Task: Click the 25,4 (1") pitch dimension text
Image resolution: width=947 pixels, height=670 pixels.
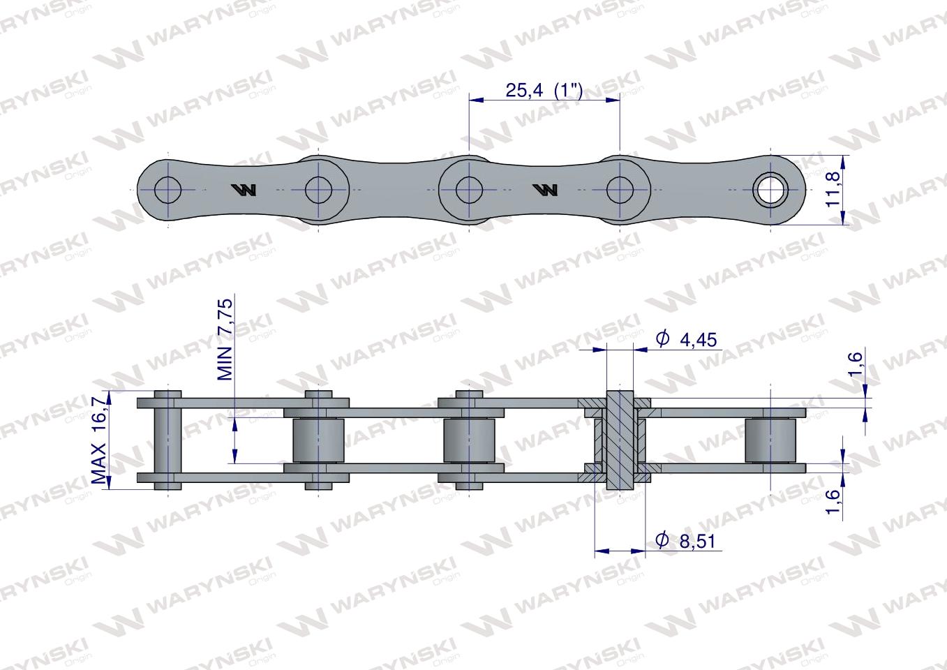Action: click(544, 90)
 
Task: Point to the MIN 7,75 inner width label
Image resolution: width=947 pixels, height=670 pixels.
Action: click(225, 339)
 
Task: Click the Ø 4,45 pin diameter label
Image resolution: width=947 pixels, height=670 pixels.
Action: click(686, 339)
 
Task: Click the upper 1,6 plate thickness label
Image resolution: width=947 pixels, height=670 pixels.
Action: click(854, 364)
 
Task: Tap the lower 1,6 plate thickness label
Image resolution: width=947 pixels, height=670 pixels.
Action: click(832, 501)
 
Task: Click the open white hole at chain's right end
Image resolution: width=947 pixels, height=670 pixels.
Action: click(771, 190)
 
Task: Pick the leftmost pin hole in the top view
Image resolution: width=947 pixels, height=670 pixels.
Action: click(168, 190)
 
